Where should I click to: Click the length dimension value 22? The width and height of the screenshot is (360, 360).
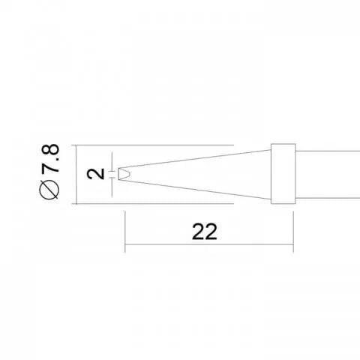[204, 232]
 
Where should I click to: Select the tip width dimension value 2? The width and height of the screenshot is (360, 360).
[95, 174]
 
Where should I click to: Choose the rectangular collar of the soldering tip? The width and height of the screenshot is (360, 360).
[282, 174]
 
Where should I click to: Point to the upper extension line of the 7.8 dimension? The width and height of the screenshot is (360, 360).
[150, 144]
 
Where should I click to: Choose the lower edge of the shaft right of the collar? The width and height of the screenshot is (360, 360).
[326, 198]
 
